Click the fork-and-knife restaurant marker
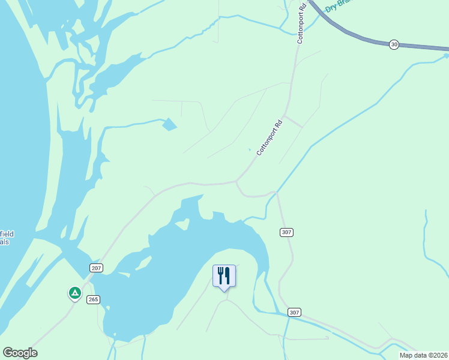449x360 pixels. (x=224, y=276)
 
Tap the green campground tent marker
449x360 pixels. (x=74, y=293)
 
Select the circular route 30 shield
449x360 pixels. (x=394, y=45)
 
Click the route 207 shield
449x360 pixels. (x=97, y=268)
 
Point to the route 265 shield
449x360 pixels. (x=92, y=299)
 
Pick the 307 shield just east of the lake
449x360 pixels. (x=286, y=232)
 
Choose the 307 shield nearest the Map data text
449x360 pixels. (x=294, y=313)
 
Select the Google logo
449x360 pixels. (x=20, y=353)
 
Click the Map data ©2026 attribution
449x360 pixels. (x=424, y=355)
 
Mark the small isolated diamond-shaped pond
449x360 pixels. (x=169, y=125)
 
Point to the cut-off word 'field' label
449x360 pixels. (x=7, y=234)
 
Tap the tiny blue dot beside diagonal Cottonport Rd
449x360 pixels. (x=250, y=150)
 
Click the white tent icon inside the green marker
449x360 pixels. (x=74, y=293)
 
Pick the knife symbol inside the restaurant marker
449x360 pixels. (x=228, y=275)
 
